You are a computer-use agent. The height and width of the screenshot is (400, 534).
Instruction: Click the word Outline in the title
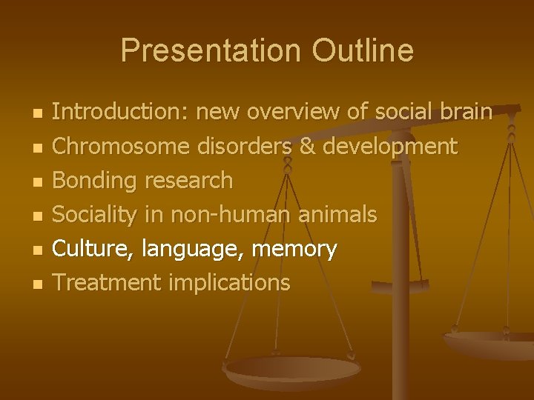(363, 51)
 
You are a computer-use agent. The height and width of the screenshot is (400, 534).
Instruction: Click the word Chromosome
(122, 146)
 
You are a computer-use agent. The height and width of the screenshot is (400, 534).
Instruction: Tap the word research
(188, 180)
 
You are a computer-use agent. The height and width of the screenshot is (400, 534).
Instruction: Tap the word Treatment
(107, 282)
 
